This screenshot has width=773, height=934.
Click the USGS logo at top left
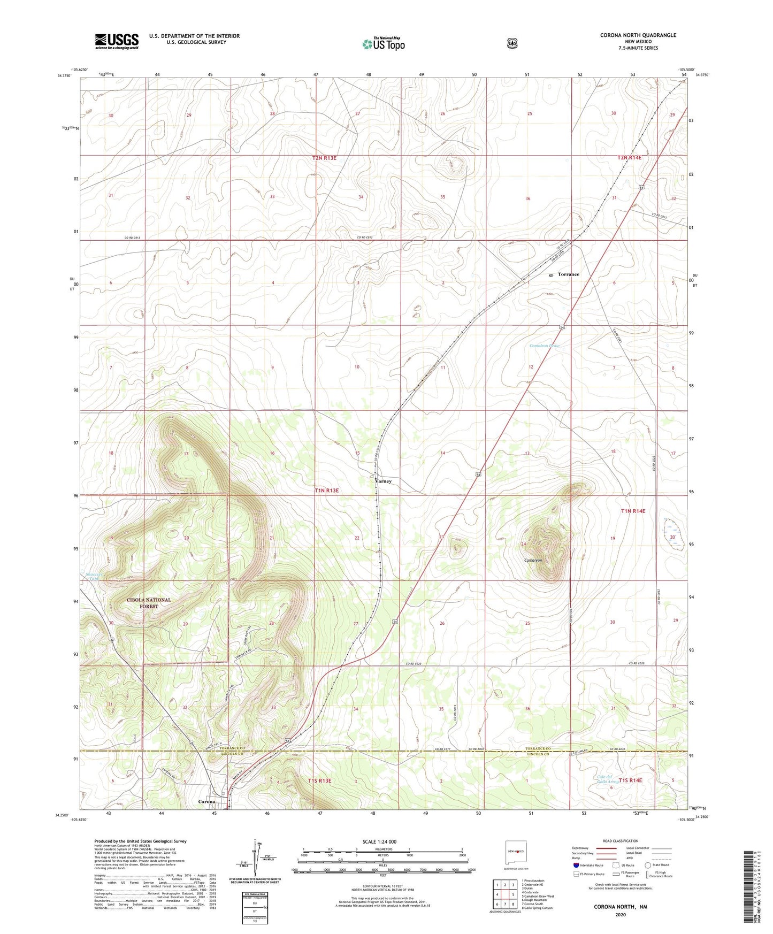[117, 41]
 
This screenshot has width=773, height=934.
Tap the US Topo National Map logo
[382, 44]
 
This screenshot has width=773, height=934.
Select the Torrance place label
[568, 274]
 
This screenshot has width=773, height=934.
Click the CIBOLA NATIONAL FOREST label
[149, 603]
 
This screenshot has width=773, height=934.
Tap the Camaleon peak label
[533, 560]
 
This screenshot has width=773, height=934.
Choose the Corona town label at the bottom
[206, 801]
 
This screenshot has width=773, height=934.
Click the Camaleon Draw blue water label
[545, 346]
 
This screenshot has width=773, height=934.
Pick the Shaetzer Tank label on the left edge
[94, 576]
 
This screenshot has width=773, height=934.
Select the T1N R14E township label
[633, 511]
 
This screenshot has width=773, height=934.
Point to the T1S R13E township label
[319, 780]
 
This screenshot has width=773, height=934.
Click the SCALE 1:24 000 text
[379, 841]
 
